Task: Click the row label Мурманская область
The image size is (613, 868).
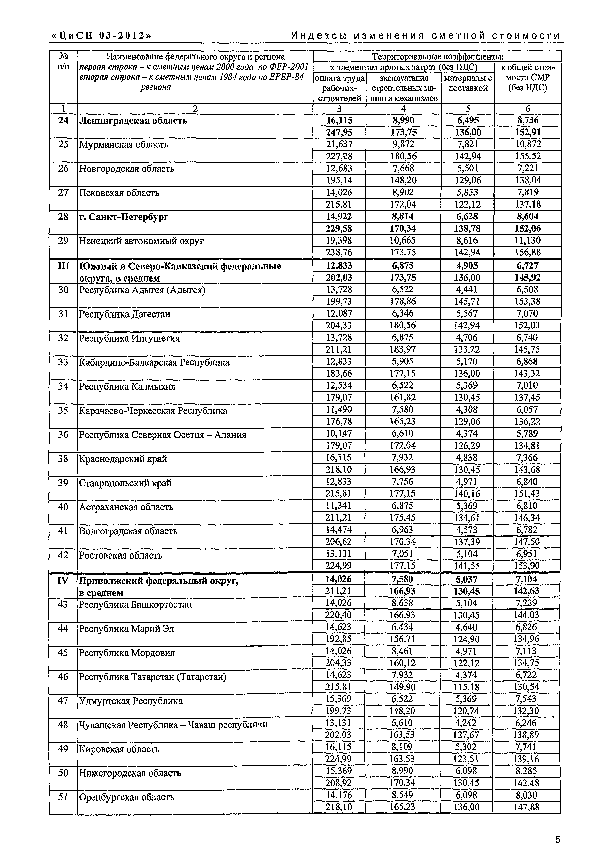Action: tap(124, 145)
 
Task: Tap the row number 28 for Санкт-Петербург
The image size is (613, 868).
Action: tap(63, 217)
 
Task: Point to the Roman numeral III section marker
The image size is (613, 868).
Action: tap(63, 266)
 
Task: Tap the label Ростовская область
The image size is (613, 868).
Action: tap(121, 555)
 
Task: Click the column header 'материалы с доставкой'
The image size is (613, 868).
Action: tap(468, 83)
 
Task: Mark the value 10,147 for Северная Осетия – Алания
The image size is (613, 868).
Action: tap(339, 434)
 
